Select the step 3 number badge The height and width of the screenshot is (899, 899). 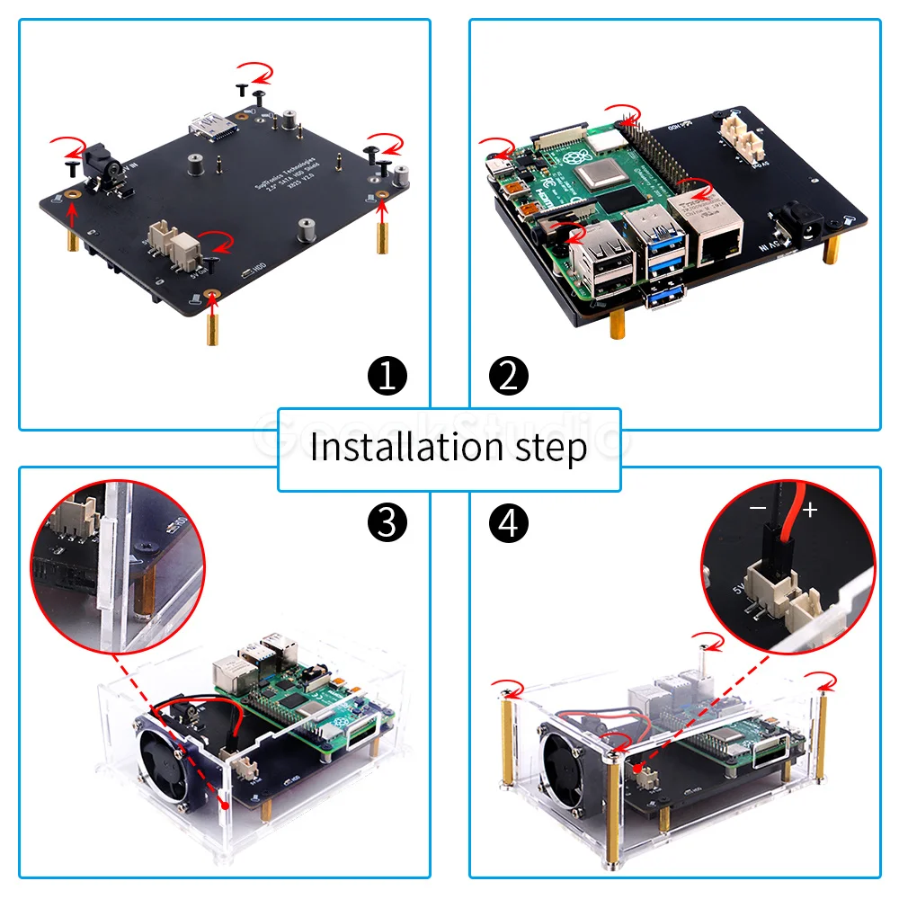(x=387, y=523)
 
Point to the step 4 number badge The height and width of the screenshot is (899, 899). (x=510, y=523)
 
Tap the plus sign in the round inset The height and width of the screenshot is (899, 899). (x=810, y=511)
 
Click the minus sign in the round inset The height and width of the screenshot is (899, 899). (x=758, y=510)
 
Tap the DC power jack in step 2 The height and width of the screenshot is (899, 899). (x=798, y=224)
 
